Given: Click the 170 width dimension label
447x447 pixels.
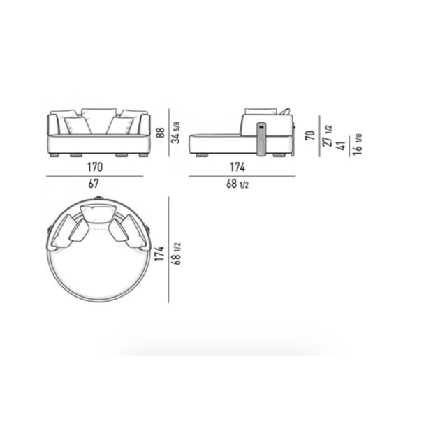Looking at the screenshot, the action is point(95,167).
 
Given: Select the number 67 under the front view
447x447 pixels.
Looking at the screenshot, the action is point(94,184).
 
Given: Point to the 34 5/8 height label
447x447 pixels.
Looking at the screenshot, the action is point(177,133).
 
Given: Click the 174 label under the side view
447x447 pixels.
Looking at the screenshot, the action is point(237,167).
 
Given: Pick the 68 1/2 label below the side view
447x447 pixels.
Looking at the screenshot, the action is point(237,184).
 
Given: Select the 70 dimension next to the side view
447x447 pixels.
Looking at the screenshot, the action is point(310,135).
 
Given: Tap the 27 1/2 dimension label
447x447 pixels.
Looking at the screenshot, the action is point(327,135).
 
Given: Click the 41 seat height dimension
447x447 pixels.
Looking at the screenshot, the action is point(342,145).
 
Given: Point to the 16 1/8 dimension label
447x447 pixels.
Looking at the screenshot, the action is point(357,145).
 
